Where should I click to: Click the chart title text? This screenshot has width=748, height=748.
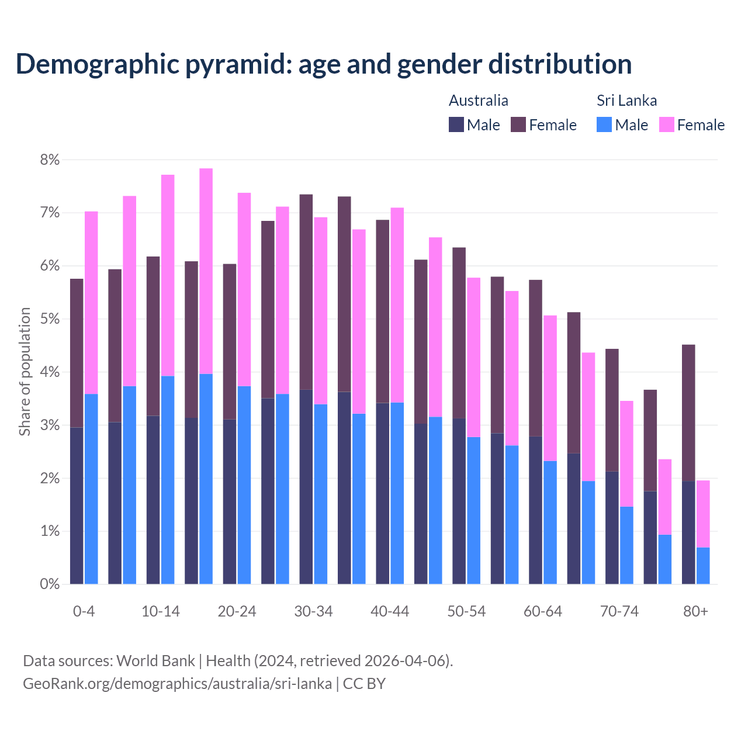click(324, 64)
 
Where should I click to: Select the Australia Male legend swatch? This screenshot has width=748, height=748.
click(456, 124)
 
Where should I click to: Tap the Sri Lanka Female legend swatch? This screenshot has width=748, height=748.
click(666, 124)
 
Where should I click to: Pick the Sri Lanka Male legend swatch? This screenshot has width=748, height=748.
click(604, 124)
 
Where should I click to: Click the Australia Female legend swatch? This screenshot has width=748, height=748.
click(518, 124)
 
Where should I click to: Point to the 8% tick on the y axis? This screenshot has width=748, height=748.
click(50, 160)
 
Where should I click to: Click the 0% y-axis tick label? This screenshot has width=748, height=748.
click(50, 584)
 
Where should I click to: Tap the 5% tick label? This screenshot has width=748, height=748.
click(50, 319)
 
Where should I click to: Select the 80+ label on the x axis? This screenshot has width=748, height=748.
click(695, 611)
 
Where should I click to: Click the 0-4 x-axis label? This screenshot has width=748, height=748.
click(84, 611)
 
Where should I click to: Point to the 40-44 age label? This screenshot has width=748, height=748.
click(390, 611)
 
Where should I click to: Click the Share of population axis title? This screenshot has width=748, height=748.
click(25, 372)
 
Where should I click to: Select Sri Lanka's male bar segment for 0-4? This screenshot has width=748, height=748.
click(91, 489)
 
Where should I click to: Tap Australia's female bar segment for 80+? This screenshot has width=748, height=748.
click(688, 413)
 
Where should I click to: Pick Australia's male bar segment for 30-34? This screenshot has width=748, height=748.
click(306, 486)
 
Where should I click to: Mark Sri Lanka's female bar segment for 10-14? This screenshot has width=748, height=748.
click(168, 275)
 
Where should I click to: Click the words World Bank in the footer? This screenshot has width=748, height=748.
click(155, 661)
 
